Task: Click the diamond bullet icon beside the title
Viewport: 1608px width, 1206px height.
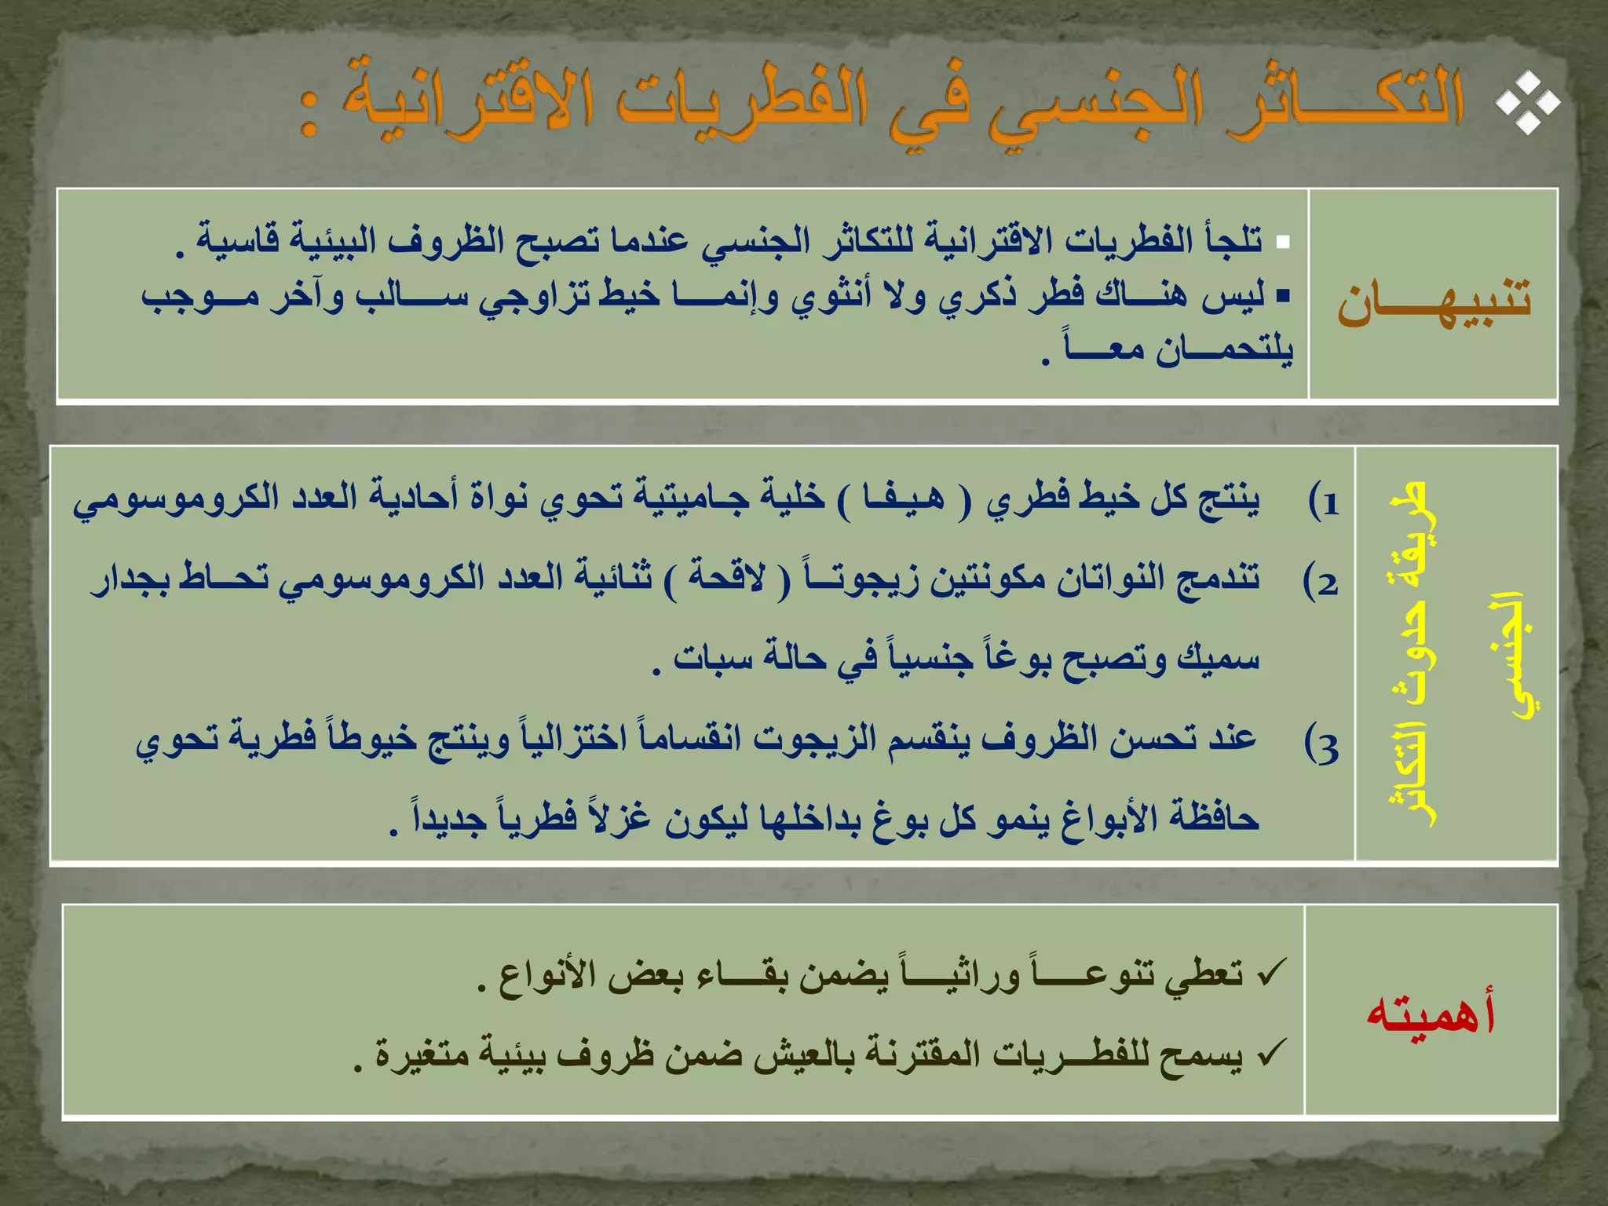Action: pyautogui.click(x=1526, y=102)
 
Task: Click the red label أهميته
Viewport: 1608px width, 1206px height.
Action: pyautogui.click(x=1431, y=1013)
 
